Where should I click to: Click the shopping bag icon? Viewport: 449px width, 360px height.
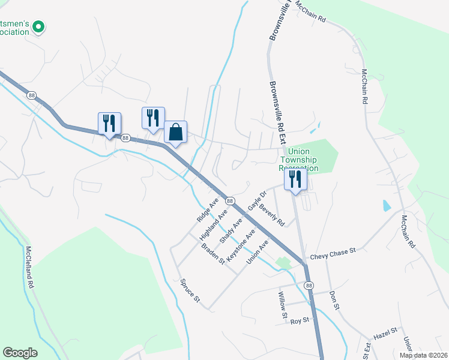pyautogui.click(x=175, y=133)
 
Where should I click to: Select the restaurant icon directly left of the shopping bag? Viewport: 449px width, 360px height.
pyautogui.click(x=152, y=117)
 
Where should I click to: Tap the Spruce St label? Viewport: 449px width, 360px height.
pyautogui.click(x=188, y=290)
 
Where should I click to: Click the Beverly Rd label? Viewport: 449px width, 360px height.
pyautogui.click(x=271, y=213)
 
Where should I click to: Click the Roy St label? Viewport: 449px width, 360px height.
pyautogui.click(x=299, y=320)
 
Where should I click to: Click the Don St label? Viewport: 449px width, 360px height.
pyautogui.click(x=335, y=301)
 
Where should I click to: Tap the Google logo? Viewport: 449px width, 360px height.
pyautogui.click(x=20, y=353)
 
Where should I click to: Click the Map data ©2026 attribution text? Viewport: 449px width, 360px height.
pyautogui.click(x=423, y=355)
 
